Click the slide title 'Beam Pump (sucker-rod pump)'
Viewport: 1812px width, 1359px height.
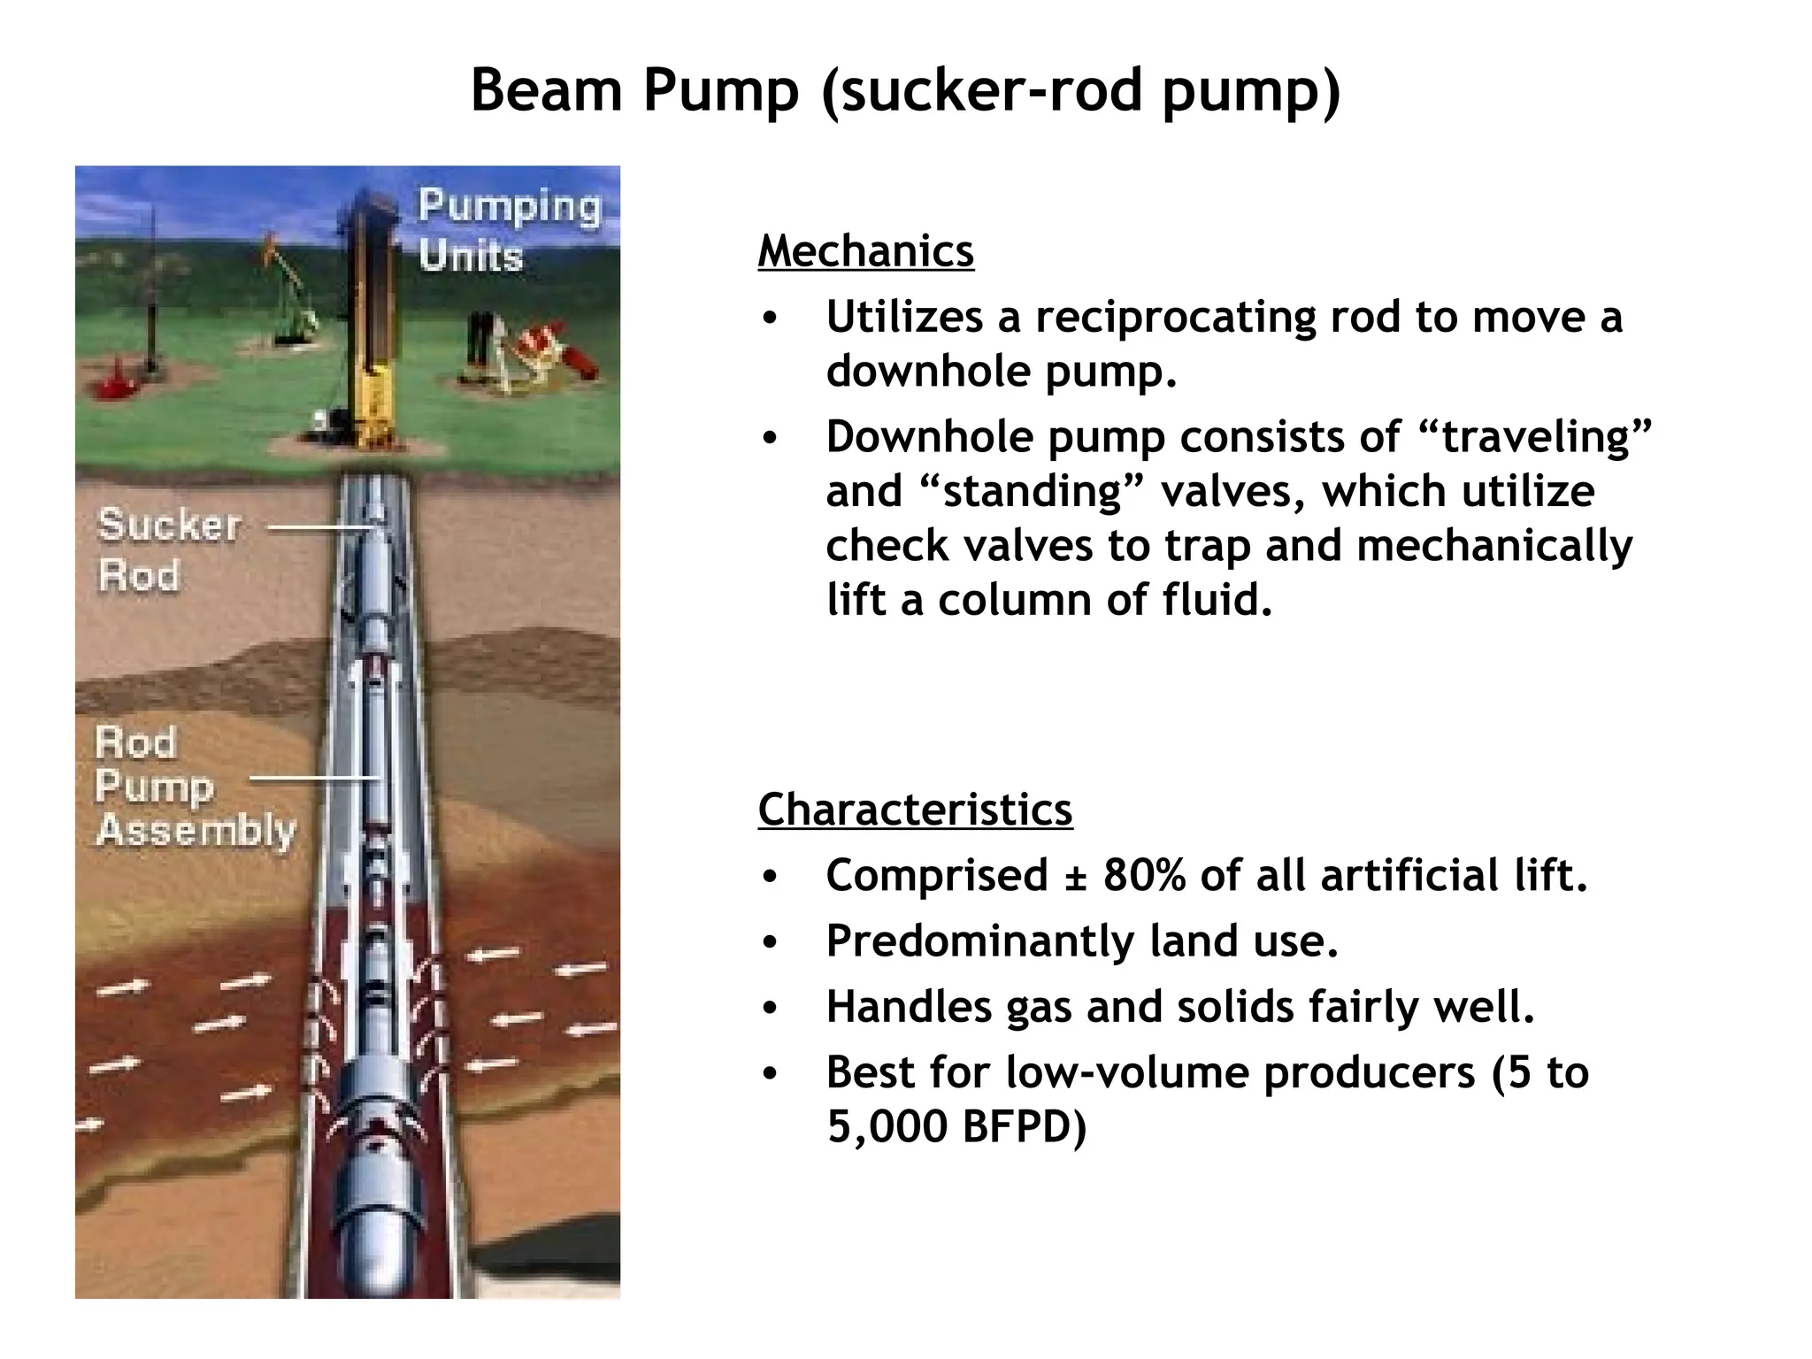(x=905, y=91)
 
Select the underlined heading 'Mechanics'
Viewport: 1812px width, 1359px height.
(x=865, y=251)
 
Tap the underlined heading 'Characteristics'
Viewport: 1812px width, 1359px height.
(x=915, y=810)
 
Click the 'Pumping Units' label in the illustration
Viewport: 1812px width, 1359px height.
(x=509, y=230)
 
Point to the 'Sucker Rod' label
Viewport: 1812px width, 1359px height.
(x=168, y=549)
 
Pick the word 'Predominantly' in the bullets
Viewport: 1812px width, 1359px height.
(x=979, y=941)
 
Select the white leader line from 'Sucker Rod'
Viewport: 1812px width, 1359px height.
(x=320, y=528)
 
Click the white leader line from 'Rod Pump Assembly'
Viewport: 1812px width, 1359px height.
(x=314, y=779)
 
